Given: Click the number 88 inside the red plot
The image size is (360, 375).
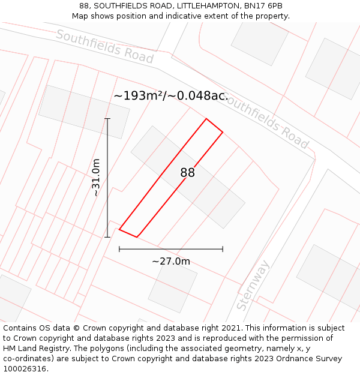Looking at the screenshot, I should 187,173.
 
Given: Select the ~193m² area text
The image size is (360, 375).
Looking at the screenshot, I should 139,96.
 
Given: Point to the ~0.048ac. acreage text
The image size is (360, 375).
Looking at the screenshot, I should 197,96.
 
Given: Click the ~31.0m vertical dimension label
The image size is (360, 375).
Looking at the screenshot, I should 96,178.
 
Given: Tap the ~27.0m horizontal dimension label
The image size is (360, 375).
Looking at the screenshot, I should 171,262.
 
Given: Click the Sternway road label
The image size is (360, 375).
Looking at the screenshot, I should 253,286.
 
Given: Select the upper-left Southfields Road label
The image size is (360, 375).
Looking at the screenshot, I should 104,46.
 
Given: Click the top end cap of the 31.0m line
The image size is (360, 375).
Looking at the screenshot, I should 107,119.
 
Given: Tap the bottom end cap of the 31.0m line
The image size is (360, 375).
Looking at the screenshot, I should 107,237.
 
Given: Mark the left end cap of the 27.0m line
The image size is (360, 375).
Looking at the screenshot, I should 119,248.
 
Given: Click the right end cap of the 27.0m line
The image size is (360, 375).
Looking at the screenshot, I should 223,248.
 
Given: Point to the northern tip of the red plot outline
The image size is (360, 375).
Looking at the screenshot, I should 206,119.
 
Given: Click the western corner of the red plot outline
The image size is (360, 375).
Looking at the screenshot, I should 119,229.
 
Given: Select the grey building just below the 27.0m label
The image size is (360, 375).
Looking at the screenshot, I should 173,286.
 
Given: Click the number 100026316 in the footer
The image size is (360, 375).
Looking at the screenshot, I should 23,368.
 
